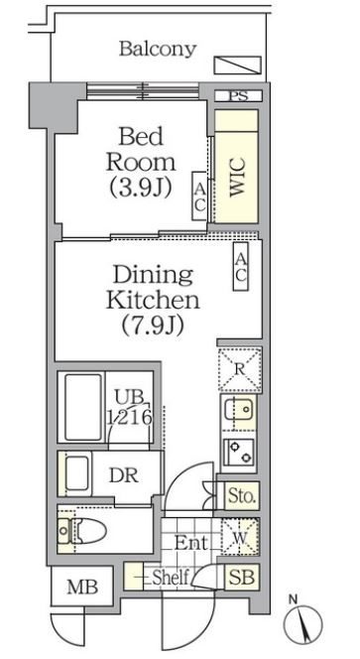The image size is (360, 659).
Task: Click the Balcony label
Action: [x=158, y=50]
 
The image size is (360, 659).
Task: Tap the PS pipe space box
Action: [x=238, y=95]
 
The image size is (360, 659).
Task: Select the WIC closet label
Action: [x=237, y=183]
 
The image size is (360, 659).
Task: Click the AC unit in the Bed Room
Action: [x=199, y=196]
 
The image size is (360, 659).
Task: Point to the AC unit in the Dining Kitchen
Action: [x=241, y=266]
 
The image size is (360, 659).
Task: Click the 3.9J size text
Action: [x=141, y=188]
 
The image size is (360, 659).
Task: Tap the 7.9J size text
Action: [x=153, y=326]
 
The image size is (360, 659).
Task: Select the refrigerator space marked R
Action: [x=240, y=369]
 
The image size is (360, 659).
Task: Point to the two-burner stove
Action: [x=239, y=452]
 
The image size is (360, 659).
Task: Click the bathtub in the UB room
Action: [x=83, y=407]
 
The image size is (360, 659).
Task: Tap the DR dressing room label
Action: [x=124, y=475]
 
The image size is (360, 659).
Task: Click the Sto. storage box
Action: [x=242, y=496]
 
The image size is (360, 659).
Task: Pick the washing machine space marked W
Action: [x=240, y=537]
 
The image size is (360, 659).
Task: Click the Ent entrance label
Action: [x=191, y=544]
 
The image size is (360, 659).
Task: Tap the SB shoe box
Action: [x=242, y=577]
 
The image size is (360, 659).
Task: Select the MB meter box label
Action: [x=82, y=588]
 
